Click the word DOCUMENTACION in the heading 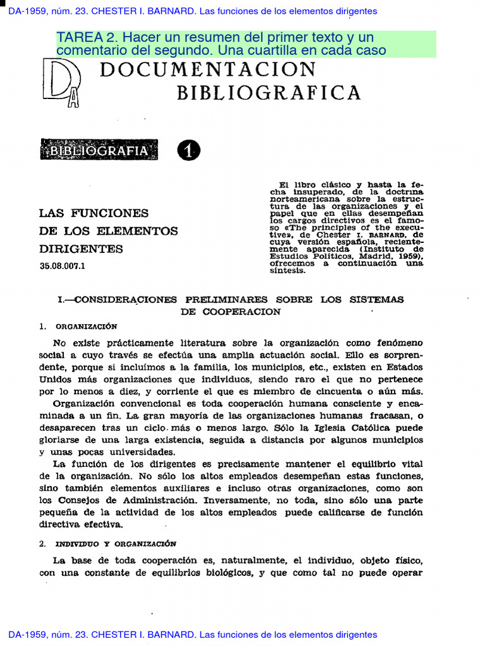click(x=208, y=69)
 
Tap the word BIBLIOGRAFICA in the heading click(x=268, y=93)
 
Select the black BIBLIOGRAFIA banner click(x=99, y=151)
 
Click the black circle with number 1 click(x=189, y=151)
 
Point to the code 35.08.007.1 click(x=63, y=266)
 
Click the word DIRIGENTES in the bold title click(x=73, y=249)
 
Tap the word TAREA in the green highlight click(x=78, y=37)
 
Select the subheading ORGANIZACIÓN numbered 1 click(x=86, y=326)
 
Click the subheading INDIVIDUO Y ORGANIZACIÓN click(x=116, y=543)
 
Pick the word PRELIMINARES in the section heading click(x=226, y=300)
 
